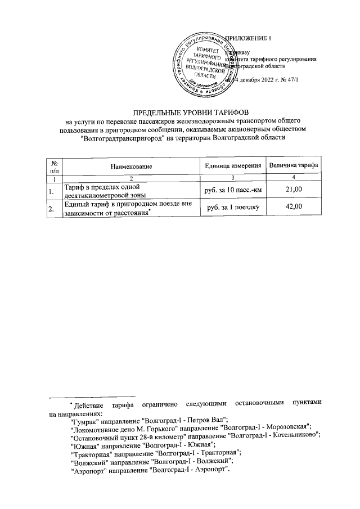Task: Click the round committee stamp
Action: click(201, 64)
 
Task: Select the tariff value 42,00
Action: click(294, 208)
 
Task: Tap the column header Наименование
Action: click(132, 166)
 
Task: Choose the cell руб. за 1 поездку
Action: click(232, 208)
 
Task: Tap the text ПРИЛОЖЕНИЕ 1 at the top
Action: click(248, 38)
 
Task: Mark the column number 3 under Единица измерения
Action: click(232, 178)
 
